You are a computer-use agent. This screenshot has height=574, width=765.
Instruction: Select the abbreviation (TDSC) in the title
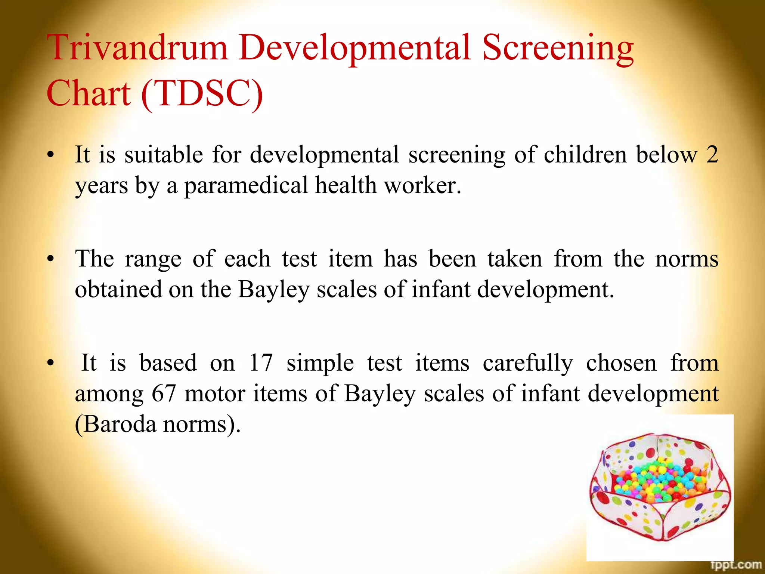(x=202, y=93)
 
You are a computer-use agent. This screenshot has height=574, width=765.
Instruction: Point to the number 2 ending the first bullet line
(x=712, y=154)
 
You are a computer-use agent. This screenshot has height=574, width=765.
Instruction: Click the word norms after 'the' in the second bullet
(x=687, y=259)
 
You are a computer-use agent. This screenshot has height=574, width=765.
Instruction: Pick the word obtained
(x=118, y=289)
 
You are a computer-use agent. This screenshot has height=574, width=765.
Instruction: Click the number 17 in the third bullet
(x=260, y=362)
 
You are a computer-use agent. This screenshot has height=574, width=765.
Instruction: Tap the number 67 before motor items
(x=164, y=393)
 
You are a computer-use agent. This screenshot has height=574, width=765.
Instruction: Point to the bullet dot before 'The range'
(x=51, y=259)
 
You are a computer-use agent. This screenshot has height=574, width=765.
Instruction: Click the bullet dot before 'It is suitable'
(x=51, y=155)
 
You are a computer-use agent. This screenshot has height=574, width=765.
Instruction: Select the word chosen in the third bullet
(x=621, y=362)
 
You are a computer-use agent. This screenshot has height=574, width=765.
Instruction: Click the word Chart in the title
(x=89, y=93)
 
